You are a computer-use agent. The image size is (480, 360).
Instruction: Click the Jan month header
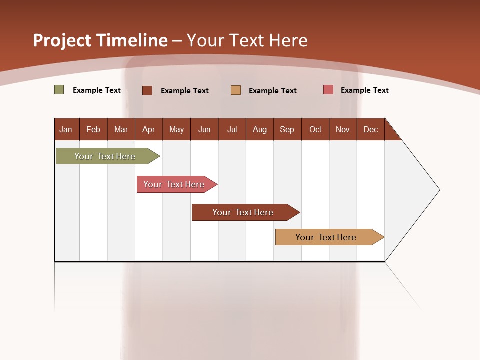click(66, 129)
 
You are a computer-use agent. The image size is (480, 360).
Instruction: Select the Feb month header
click(93, 129)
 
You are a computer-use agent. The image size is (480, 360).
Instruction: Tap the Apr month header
click(148, 129)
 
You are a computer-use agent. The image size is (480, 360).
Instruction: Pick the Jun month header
click(204, 129)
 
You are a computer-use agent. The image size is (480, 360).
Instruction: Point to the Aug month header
click(259, 129)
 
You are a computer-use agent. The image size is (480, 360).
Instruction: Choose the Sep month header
click(287, 129)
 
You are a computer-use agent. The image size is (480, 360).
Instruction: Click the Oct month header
click(315, 129)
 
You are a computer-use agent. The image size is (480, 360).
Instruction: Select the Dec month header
click(370, 129)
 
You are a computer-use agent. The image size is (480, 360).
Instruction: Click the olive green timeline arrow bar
click(105, 156)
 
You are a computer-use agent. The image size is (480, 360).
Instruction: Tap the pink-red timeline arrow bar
click(174, 184)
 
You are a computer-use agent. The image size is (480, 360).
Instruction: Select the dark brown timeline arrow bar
click(243, 212)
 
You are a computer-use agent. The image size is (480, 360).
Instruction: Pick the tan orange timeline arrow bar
click(326, 237)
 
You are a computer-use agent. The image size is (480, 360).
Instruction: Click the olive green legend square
click(59, 90)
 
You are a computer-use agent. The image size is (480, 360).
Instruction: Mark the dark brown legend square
click(147, 90)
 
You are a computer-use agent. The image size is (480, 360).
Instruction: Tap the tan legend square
click(236, 90)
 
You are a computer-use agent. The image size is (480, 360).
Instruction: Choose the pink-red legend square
click(328, 90)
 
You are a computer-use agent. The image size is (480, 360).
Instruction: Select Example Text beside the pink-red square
click(364, 90)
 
